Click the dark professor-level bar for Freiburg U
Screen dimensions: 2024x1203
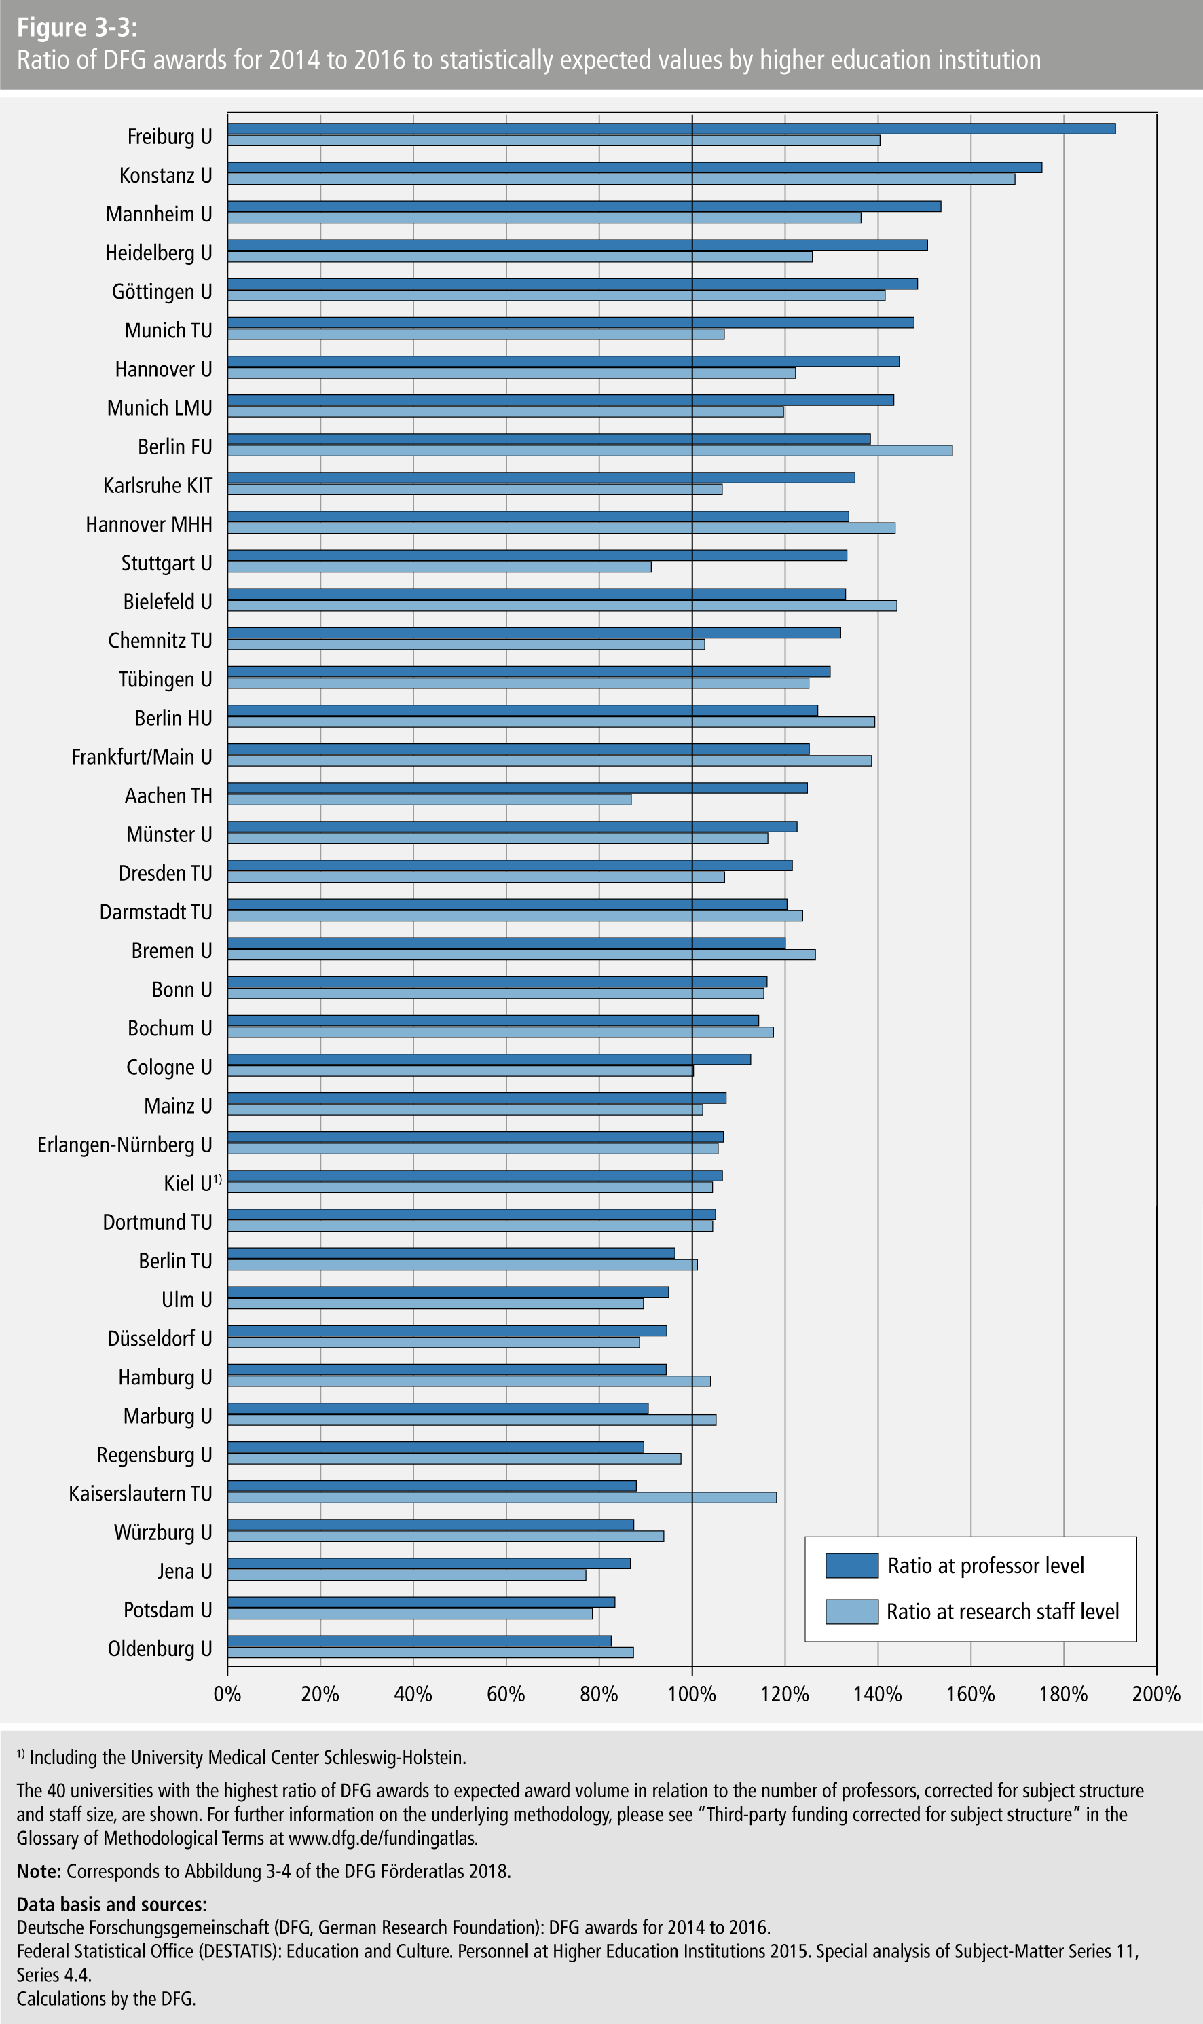671,129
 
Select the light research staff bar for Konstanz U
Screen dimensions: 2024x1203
621,179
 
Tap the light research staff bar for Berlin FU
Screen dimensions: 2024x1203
589,451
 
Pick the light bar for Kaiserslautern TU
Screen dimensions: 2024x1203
502,1497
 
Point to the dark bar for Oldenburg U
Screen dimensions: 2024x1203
419,1640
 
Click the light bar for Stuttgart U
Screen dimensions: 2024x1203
439,566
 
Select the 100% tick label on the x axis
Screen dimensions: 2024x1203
692,1693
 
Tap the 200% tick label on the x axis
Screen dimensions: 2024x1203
1156,1693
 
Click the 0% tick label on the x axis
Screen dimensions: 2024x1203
228,1693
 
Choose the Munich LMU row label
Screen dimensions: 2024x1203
160,407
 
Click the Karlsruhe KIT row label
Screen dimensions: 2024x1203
158,485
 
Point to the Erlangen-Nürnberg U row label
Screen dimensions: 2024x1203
125,1145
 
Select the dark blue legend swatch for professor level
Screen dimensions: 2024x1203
851,1565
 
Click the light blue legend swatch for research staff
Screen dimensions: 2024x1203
851,1611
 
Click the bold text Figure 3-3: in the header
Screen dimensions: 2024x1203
77,28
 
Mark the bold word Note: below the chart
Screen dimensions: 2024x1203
39,1871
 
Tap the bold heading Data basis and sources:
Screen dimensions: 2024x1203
112,1904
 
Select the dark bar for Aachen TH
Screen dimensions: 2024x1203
517,788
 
